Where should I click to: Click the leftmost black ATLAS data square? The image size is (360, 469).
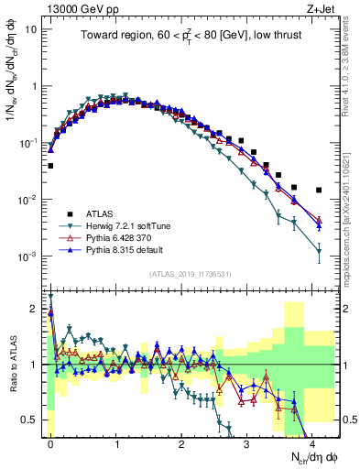[x=50, y=166]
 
